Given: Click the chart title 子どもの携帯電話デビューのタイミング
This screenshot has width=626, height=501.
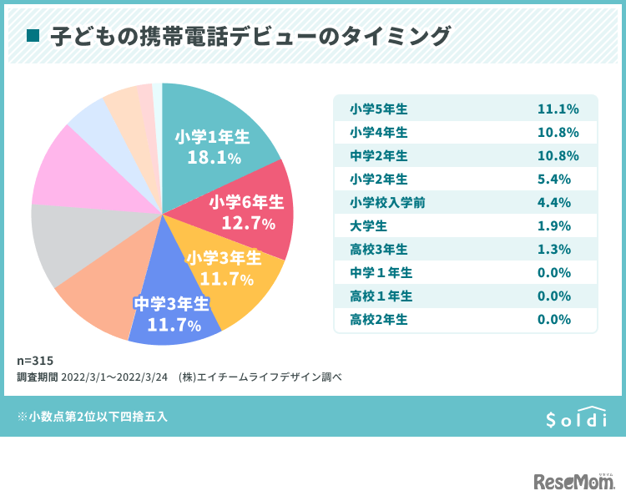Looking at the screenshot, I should [250, 36].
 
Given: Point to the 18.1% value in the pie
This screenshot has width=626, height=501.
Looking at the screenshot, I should [214, 158].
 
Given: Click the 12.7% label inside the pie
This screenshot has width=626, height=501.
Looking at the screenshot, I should [248, 223].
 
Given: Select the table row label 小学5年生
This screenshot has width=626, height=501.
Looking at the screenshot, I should [379, 109].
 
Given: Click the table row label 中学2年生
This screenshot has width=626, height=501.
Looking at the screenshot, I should [379, 156].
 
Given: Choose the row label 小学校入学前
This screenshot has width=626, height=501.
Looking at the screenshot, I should [384, 202].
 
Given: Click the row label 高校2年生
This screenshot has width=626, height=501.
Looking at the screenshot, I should [379, 319].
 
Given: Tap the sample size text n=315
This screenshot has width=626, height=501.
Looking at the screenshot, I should [35, 361].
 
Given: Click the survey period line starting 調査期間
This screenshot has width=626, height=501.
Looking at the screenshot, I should [179, 377].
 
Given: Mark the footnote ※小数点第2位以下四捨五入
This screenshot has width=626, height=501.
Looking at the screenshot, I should [92, 416].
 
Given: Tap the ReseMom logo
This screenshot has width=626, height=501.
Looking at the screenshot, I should [573, 482].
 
